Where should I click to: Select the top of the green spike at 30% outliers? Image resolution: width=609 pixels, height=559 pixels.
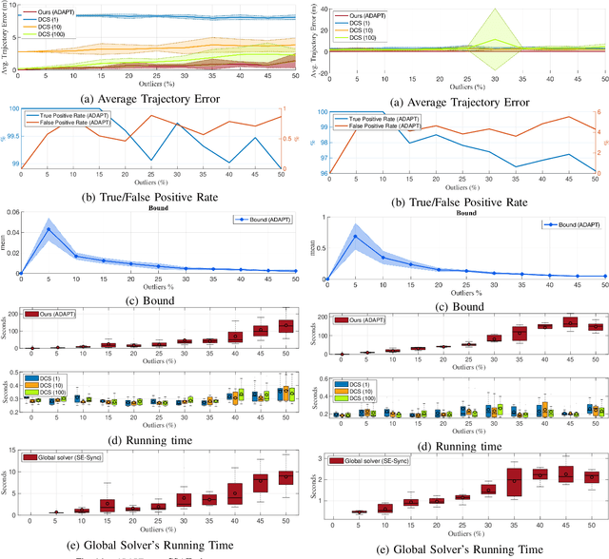492,10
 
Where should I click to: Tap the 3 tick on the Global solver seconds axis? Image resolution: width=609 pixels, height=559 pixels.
322,459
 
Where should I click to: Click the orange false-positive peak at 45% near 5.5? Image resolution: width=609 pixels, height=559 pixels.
568,117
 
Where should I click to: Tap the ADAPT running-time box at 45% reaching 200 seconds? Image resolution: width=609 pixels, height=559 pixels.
568,322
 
